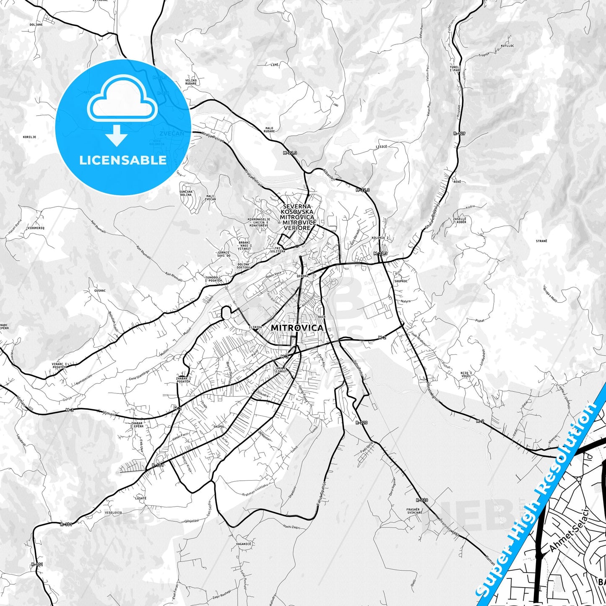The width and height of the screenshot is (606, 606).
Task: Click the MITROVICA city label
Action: [x=297, y=328]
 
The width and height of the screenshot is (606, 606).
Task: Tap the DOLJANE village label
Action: [x=36, y=25]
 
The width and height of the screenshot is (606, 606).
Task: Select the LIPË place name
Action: [x=274, y=65]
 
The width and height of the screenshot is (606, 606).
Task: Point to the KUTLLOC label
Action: [x=507, y=46]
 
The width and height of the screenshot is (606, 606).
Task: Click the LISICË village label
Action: [x=381, y=147]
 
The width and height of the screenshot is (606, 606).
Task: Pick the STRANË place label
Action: [x=541, y=241]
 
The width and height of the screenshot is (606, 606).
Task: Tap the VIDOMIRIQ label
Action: [x=36, y=228]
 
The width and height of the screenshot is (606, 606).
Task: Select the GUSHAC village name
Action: [x=100, y=290]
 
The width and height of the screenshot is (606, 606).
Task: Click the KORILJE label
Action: [x=29, y=137]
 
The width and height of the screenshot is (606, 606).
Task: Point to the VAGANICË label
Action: [x=243, y=544]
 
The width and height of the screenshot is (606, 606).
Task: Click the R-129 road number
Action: [x=459, y=134]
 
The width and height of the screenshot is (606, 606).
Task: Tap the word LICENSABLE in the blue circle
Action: [x=123, y=160]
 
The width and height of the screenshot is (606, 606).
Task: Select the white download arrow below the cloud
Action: [x=117, y=135]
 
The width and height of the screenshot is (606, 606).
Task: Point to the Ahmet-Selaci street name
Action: [x=569, y=531]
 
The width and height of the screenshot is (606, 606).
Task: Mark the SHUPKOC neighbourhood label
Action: [x=401, y=281]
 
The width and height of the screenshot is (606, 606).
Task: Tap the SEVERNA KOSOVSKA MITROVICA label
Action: [x=297, y=217]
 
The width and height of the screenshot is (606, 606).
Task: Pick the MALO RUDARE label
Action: [x=269, y=130]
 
